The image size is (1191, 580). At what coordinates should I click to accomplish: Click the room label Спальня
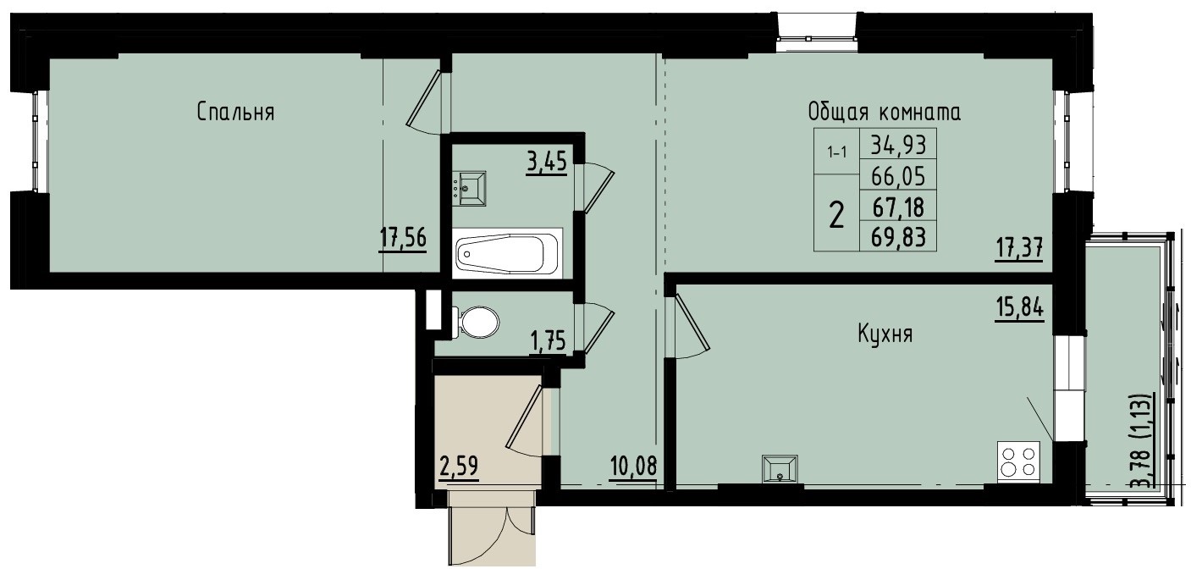(x=235, y=112)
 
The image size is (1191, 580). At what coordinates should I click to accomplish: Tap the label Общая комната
(x=885, y=112)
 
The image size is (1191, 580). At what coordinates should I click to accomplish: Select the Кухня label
(x=885, y=334)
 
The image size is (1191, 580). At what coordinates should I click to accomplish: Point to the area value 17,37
(x=1018, y=249)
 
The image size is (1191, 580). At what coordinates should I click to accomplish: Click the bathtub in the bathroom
(x=505, y=252)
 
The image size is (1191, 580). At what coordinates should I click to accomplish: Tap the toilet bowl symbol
(x=478, y=323)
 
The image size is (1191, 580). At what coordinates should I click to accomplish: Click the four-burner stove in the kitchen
(x=1018, y=462)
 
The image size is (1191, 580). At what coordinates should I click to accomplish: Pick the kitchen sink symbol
(x=780, y=468)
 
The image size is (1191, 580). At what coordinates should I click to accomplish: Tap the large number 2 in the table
(x=836, y=216)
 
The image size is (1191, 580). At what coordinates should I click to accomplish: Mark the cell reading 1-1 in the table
(x=836, y=153)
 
